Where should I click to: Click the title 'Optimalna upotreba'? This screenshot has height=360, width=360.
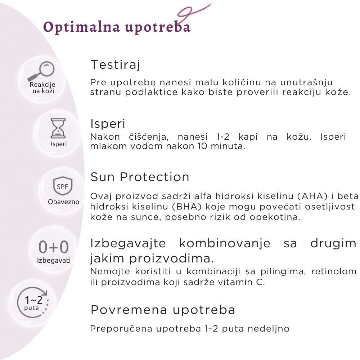[117, 27]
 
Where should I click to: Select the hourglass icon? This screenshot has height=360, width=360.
[58, 129]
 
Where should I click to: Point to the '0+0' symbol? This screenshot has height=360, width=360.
[54, 247]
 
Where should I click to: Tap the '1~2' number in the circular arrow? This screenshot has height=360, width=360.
[33, 300]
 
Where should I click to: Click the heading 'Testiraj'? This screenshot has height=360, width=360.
[115, 65]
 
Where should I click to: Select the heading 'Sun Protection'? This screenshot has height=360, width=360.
[140, 177]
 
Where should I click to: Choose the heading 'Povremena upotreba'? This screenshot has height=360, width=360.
[163, 310]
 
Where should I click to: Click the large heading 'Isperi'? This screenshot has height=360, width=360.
[108, 124]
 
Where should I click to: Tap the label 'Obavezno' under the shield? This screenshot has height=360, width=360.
[64, 202]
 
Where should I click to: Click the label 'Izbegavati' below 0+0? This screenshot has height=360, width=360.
[54, 261]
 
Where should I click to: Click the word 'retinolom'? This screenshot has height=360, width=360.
[334, 271]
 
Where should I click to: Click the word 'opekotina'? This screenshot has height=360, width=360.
[275, 217]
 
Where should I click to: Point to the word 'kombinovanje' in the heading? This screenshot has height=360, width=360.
[225, 244]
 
